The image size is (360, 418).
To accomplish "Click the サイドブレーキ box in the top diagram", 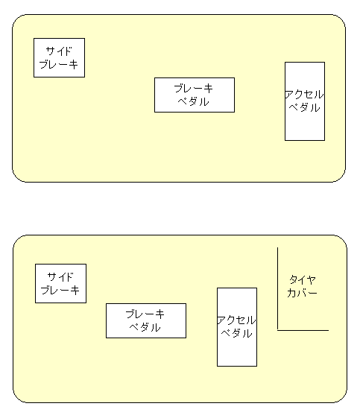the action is point(59,57).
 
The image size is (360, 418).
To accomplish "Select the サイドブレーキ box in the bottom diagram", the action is point(61,283).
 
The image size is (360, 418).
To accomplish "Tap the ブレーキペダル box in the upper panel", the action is point(195,95).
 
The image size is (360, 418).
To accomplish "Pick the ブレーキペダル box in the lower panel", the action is point(146,320).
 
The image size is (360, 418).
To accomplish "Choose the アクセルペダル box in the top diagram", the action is point(305,101).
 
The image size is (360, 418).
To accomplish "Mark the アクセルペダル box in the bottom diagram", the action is point(237,327).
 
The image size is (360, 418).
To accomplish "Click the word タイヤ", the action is point(303,279).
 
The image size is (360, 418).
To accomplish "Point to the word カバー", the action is point(302,293).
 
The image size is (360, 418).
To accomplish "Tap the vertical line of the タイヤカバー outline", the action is point(277,288).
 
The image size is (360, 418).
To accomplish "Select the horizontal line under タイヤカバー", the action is point(303,330).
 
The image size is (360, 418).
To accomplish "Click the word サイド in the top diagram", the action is point(59,51).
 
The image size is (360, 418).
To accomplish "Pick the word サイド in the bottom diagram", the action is point(60,277).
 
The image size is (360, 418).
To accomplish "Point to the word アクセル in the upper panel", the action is point(304,95).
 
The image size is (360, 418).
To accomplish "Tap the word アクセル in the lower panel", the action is point(236,320).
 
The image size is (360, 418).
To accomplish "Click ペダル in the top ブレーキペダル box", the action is point(194,101).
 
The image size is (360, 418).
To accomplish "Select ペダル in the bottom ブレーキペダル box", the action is point(145,327).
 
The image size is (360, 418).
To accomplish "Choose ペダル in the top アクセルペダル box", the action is point(305,108).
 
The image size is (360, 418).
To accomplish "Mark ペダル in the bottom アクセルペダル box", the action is point(237,334).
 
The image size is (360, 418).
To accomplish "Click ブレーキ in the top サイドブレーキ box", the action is point(59,65).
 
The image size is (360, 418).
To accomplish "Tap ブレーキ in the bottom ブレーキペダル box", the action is point(145,314).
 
